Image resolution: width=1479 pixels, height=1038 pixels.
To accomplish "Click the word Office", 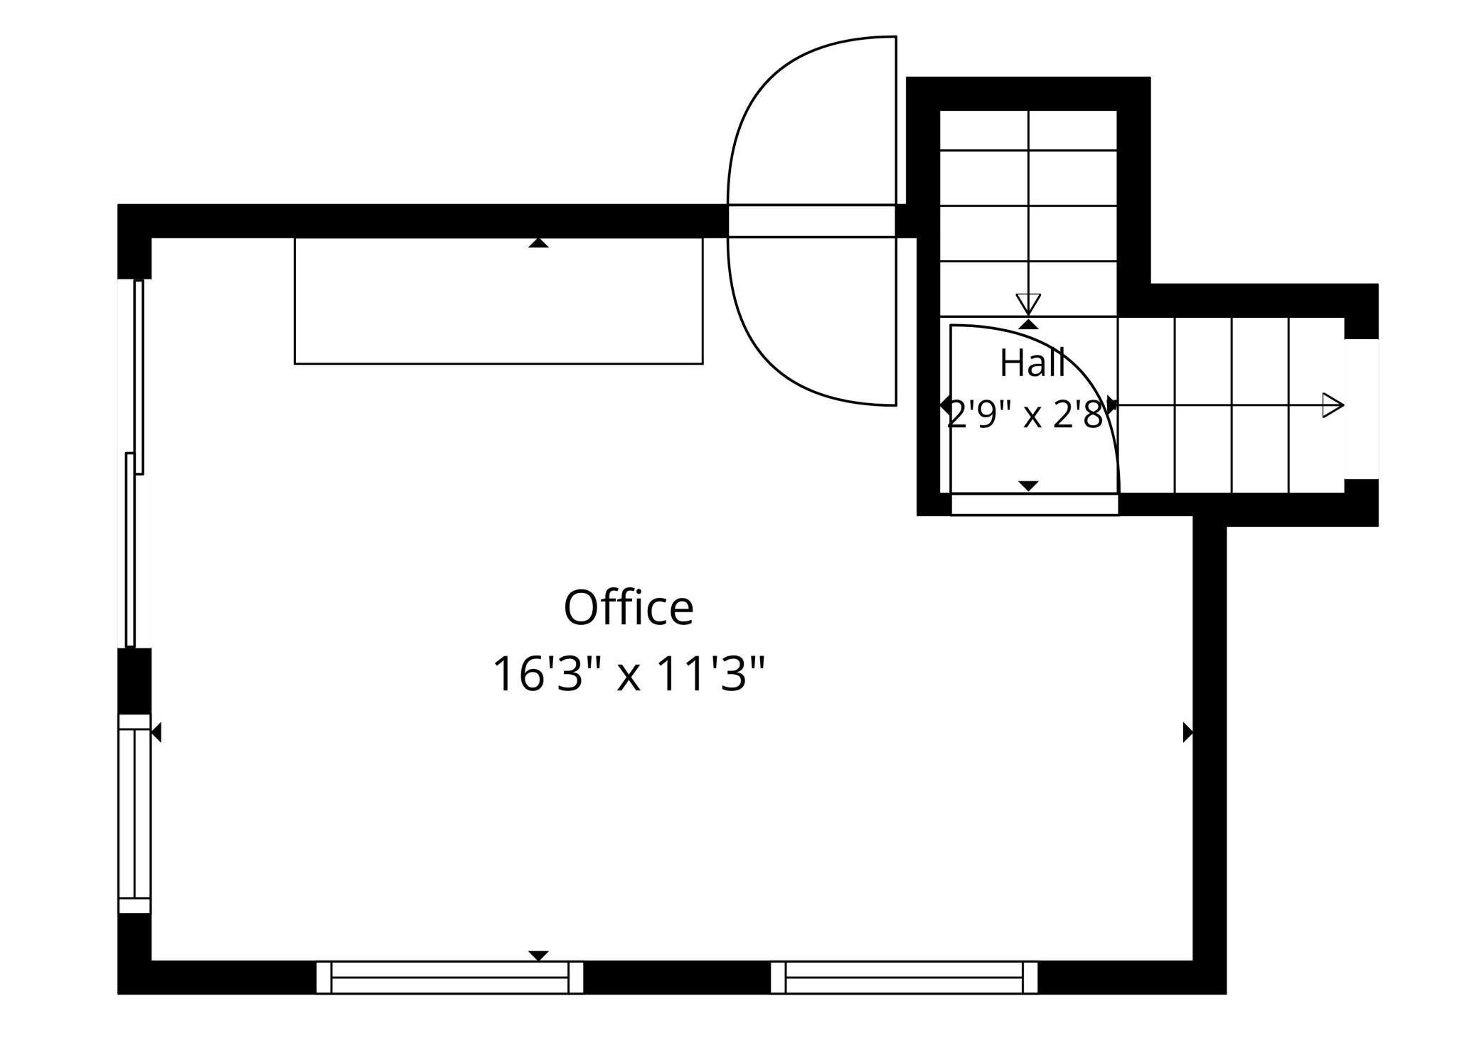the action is (629, 608).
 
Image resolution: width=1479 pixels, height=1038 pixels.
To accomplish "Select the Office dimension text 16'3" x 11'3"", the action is (629, 673).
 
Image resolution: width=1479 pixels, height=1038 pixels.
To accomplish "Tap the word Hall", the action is (1032, 363).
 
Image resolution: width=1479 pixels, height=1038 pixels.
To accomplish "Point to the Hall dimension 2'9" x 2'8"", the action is (1029, 414).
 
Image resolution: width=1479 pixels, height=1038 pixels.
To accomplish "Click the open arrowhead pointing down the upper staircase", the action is (1028, 303).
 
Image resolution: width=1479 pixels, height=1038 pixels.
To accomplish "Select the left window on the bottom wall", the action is (449, 977).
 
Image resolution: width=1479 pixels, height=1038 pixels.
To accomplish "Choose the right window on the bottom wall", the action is (904, 977).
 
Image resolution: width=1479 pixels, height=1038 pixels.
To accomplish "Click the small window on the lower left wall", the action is (134, 813).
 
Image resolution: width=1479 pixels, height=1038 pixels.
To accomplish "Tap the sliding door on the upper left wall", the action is (134, 463).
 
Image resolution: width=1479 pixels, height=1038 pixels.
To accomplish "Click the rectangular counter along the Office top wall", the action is (498, 301).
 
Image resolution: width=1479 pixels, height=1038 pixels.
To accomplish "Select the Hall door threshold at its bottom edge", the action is (1035, 504).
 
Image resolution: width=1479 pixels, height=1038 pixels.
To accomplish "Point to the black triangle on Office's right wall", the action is (1187, 732).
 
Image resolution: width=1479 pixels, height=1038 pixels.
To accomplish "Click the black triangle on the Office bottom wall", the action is (538, 956).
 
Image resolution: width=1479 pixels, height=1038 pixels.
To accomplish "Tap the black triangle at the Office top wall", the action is (538, 243).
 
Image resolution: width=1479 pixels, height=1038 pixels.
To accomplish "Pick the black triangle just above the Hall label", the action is (1028, 324).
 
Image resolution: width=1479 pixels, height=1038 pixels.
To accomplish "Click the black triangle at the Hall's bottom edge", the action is (1028, 486).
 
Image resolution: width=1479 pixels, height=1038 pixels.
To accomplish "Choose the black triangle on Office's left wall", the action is (156, 732).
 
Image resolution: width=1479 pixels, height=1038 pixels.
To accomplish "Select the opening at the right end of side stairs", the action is (1361, 409).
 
